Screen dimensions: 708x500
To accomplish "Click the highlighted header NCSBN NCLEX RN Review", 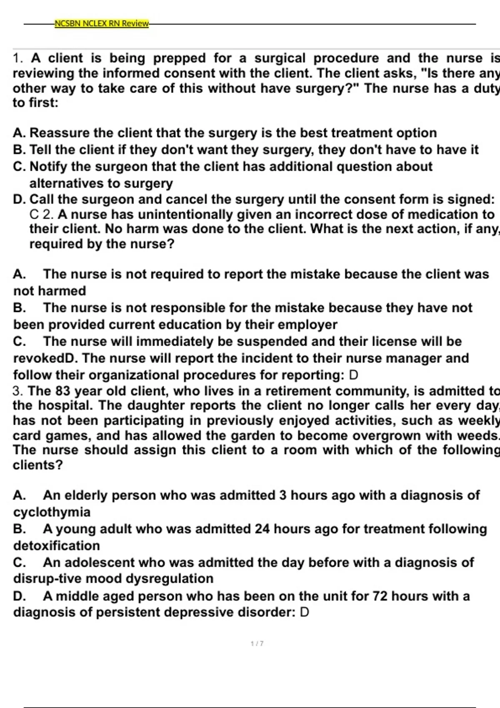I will (x=102, y=23).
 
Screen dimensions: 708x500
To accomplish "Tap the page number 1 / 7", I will (x=257, y=643).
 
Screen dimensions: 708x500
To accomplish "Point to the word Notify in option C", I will (x=48, y=167).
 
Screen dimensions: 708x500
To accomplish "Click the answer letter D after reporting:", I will (x=353, y=375).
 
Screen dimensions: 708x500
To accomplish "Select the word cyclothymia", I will (x=52, y=512).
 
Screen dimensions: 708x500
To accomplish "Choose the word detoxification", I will (x=56, y=546).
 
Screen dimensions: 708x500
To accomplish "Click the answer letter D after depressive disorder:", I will (x=305, y=613).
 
